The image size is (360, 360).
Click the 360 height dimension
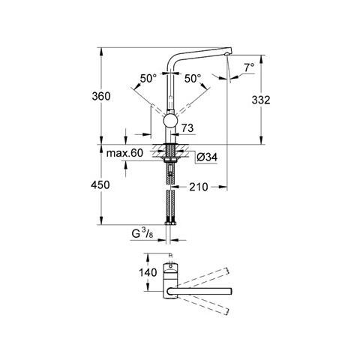tap(101, 96)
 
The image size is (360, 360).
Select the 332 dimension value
tap(261, 100)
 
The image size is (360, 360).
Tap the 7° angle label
tap(249, 67)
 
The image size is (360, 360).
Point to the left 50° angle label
tap(148, 79)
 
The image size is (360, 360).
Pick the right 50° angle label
tap(193, 79)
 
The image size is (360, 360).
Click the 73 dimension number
tap(187, 128)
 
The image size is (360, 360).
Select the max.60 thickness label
tap(124, 153)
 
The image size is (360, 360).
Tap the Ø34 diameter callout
tap(207, 157)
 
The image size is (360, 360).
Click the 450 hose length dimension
tap(100, 185)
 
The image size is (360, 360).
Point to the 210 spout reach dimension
tap(199, 187)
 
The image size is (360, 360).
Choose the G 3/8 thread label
tap(142, 234)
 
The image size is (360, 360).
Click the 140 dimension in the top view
tap(148, 272)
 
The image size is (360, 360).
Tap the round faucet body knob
tap(170, 121)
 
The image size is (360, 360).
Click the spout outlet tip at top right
tap(227, 53)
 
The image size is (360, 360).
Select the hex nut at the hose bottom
tap(171, 222)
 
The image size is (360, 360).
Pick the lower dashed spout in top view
tap(203, 304)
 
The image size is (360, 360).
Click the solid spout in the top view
tap(199, 291)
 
